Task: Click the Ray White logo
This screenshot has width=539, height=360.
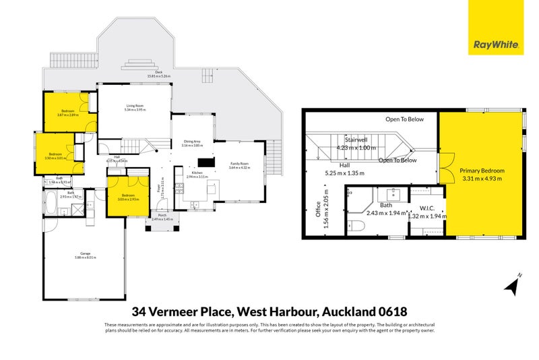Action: click(x=496, y=45)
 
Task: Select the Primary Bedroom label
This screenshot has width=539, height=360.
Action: click(x=482, y=171)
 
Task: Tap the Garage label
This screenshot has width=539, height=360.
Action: click(x=83, y=253)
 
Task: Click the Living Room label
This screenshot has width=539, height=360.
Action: click(x=135, y=106)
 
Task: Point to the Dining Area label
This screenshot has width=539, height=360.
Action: click(x=193, y=142)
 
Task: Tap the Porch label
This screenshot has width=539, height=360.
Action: click(x=162, y=216)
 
